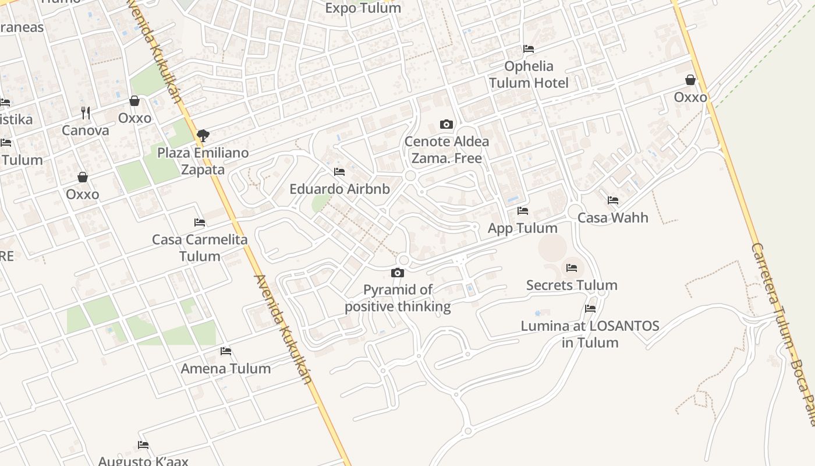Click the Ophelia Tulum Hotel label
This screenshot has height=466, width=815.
pos(529,75)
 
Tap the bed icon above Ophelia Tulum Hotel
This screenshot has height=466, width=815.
pos(529,49)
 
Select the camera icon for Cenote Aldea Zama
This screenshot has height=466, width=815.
pos(447,124)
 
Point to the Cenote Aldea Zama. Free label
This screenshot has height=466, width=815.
pos(447,150)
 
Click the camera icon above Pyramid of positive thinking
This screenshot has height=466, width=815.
pos(398,273)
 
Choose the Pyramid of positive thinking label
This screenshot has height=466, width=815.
pos(398,298)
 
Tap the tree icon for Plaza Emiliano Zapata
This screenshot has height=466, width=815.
pos(203,136)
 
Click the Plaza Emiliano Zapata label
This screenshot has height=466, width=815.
pos(203,161)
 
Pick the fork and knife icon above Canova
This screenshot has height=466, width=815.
pos(86,112)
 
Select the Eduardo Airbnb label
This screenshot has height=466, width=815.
pos(339,189)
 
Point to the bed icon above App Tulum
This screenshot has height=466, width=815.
pos(523,211)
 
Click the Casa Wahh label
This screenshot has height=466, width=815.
pos(612,218)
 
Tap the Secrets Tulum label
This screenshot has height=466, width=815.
pos(572,285)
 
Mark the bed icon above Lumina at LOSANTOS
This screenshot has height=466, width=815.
pos(590,309)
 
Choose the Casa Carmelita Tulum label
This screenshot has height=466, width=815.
pos(200,248)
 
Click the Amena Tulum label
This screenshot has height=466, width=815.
pos(226,369)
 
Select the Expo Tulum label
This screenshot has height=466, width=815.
pos(363,8)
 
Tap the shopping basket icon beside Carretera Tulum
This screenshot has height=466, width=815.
pos(690,80)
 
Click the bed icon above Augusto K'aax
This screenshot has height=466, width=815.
pos(143,445)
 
